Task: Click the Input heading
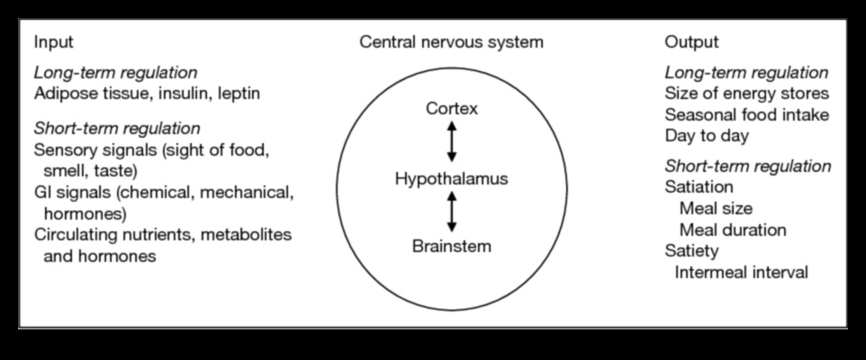(53, 42)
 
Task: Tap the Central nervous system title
(451, 42)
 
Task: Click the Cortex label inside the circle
(452, 110)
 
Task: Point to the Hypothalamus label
(451, 179)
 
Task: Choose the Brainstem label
(451, 246)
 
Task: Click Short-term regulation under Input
(117, 128)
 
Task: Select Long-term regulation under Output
(746, 73)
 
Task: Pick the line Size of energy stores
(746, 94)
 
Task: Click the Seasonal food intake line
(746, 114)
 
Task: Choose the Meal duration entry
(733, 229)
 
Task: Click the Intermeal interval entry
(741, 271)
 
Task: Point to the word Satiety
(690, 250)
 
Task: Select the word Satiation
(699, 187)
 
